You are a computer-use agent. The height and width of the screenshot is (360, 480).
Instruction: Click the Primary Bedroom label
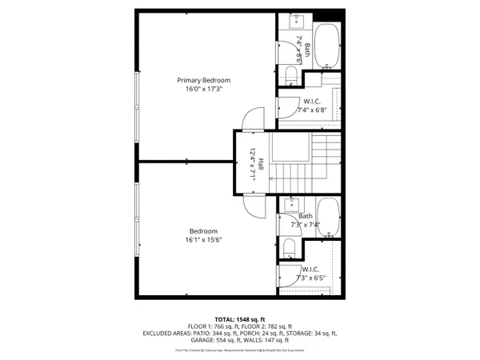tap(204, 80)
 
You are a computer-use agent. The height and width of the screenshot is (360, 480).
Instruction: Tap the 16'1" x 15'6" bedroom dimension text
tap(203, 240)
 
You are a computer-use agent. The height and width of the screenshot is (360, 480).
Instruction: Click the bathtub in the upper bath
tap(328, 46)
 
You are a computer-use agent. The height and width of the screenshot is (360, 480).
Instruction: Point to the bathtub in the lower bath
tap(328, 218)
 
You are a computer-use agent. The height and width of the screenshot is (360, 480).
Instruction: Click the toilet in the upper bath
tap(290, 76)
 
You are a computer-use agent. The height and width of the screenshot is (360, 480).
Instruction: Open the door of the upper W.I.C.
tap(286, 107)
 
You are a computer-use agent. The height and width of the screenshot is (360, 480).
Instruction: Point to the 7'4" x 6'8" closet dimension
tap(311, 110)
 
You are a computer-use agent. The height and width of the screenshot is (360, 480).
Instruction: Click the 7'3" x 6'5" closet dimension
tap(310, 278)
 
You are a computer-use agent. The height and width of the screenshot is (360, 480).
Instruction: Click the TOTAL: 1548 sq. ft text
tap(239, 319)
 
